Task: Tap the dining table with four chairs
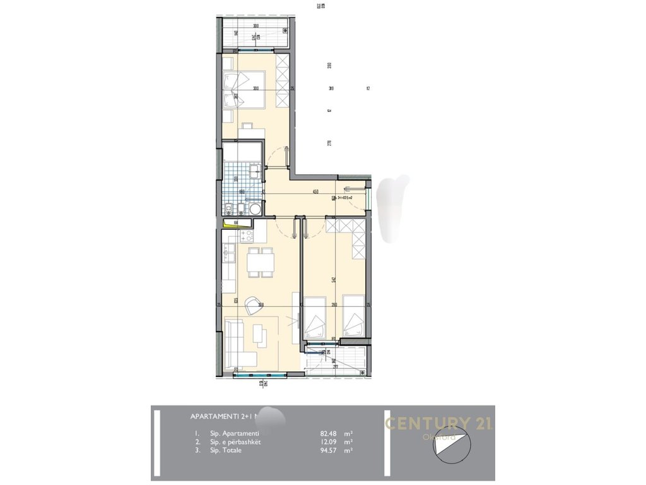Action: pyautogui.click(x=260, y=261)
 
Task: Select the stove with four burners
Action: pyautogui.click(x=245, y=236)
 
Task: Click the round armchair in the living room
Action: pyautogui.click(x=254, y=306)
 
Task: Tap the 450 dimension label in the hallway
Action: pyautogui.click(x=315, y=192)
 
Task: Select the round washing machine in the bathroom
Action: pyautogui.click(x=254, y=210)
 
